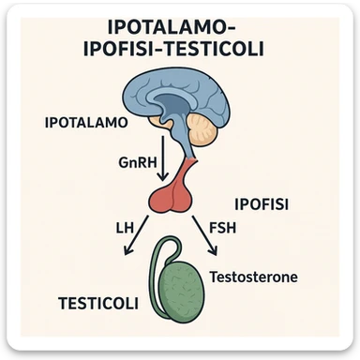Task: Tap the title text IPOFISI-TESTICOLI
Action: (180, 51)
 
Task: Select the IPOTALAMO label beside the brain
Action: (86, 123)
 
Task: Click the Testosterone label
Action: (254, 278)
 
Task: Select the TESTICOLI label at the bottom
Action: (98, 304)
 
